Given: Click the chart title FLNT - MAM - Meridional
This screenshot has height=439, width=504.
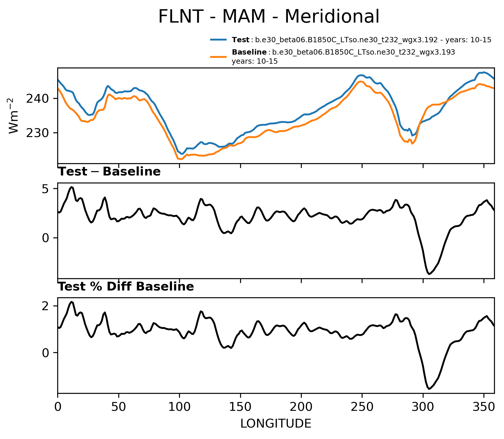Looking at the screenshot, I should coord(269,16).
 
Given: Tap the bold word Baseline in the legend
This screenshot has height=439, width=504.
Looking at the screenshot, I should coord(249,52).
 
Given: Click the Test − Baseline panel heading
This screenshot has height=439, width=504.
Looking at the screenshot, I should coord(109,172).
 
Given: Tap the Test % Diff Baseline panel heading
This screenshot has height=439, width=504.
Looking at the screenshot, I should coord(126,287).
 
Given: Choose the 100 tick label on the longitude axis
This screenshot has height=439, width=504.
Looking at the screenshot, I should coord(179,407).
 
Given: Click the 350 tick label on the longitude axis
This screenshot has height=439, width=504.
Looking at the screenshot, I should coord(484,407).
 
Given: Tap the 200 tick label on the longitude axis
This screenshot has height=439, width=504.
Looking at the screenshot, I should coord(301,407).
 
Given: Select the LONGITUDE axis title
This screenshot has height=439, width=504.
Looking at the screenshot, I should coord(276,423).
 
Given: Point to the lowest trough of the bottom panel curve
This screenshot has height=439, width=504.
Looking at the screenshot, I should coord(429,389).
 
